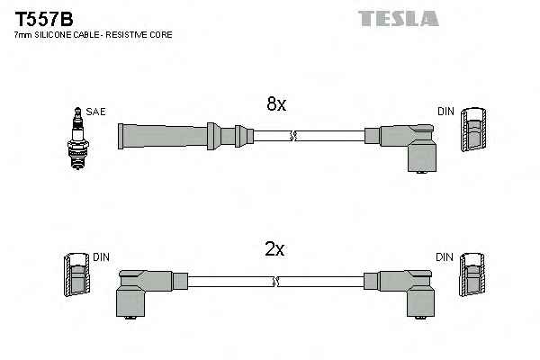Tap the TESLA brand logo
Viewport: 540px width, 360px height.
pyautogui.click(x=398, y=17)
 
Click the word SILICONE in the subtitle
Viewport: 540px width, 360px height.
pyautogui.click(x=60, y=34)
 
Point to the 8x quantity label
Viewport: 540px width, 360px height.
pyautogui.click(x=276, y=104)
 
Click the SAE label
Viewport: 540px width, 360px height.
pyautogui.click(x=96, y=112)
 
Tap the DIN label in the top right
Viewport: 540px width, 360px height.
pyautogui.click(x=446, y=112)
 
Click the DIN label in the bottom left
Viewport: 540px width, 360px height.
pyautogui.click(x=100, y=257)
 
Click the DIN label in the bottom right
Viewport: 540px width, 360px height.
pyautogui.click(x=445, y=257)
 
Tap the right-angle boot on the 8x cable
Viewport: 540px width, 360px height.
pyautogui.click(x=405, y=144)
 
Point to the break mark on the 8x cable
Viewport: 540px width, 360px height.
pyautogui.click(x=292, y=137)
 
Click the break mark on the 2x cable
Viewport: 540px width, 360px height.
pyautogui.click(x=277, y=282)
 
